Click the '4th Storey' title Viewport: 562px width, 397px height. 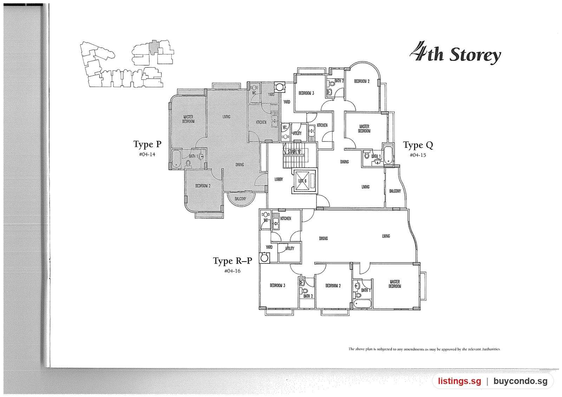(x=455, y=53)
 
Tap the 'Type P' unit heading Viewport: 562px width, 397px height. (x=147, y=144)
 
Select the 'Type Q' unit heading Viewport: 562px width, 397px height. (x=418, y=145)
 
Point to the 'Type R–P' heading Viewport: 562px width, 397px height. (x=233, y=261)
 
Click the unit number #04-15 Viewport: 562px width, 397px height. (x=418, y=155)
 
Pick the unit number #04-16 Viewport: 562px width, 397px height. (x=232, y=271)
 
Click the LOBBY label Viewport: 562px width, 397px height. (x=279, y=179)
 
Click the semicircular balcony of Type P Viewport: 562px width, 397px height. (x=241, y=200)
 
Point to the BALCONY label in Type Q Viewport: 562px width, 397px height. (x=395, y=191)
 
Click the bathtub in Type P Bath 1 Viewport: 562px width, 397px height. (x=176, y=159)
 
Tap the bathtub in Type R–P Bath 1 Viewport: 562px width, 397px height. (x=362, y=304)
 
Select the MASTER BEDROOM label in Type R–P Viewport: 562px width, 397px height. (x=395, y=284)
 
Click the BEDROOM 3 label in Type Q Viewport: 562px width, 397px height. (x=306, y=93)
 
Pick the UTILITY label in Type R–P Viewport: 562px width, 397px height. (x=290, y=249)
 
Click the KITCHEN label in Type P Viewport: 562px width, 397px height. (x=261, y=122)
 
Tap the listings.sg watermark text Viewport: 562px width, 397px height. (x=460, y=381)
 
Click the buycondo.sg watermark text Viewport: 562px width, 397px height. (x=520, y=381)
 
